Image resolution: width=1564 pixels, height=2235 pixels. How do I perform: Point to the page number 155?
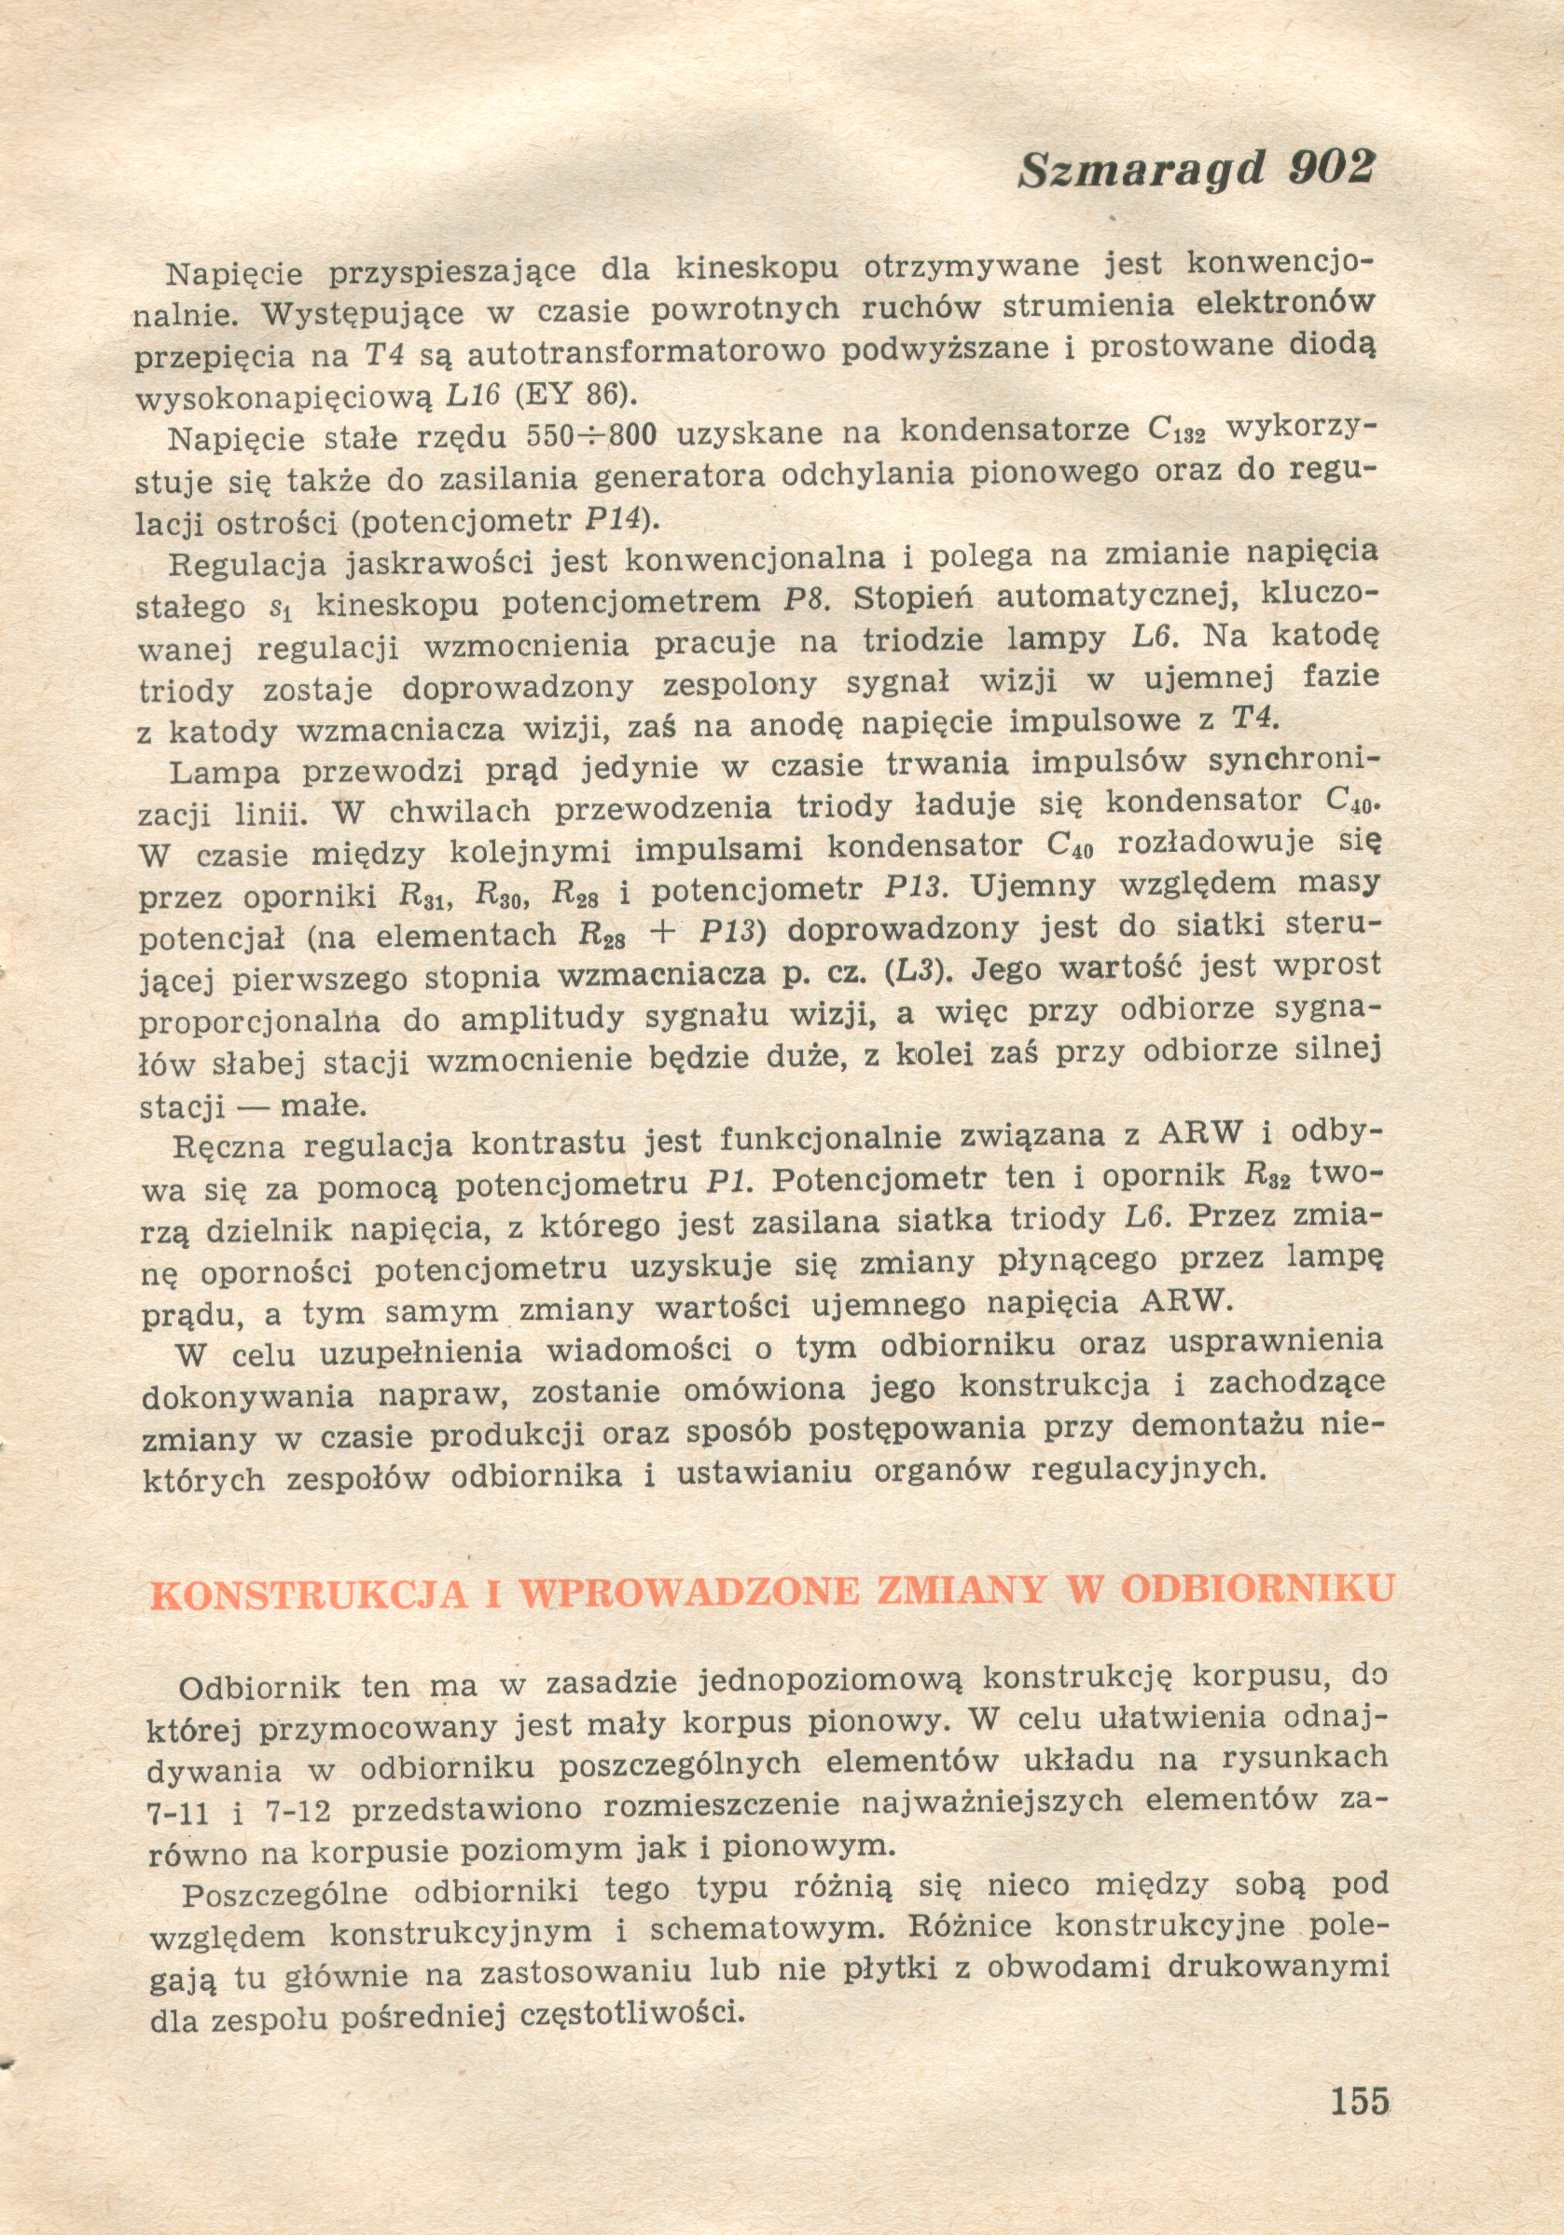click(x=1359, y=2100)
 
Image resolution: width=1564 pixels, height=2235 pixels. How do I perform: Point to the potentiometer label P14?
click(x=615, y=519)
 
